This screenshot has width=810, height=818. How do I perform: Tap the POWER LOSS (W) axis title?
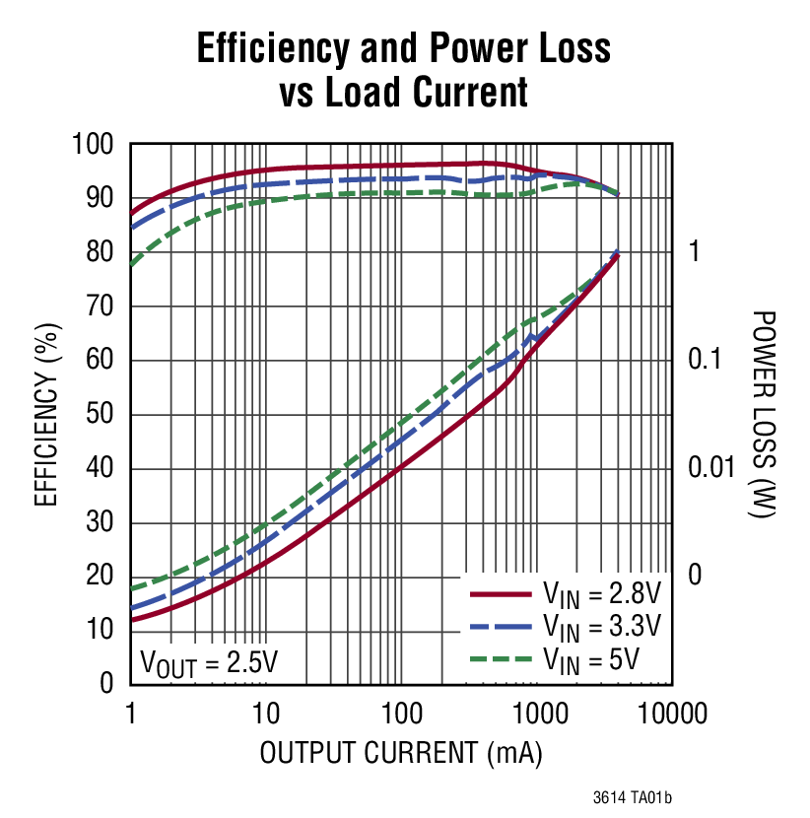point(762,415)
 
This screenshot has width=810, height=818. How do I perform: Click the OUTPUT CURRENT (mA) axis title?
point(401,754)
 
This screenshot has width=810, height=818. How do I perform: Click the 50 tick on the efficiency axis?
point(102,415)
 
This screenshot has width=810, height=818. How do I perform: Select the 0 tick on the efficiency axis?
point(109,684)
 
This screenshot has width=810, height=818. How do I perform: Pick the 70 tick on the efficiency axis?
point(102,307)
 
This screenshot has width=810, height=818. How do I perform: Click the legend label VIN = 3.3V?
point(601,627)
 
